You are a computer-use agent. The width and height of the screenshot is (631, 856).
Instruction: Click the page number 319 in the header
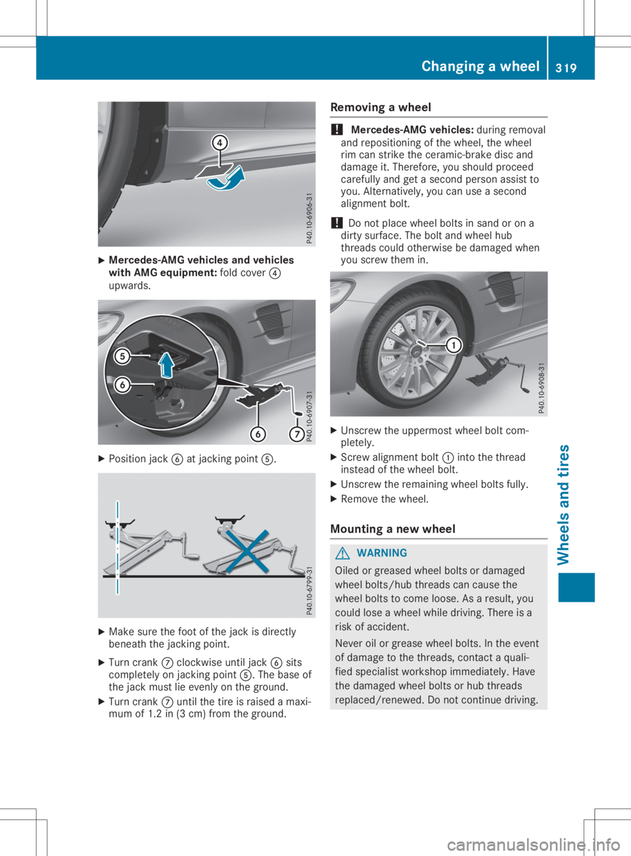pyautogui.click(x=565, y=67)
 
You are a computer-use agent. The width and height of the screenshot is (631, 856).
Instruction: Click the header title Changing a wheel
pyautogui.click(x=480, y=66)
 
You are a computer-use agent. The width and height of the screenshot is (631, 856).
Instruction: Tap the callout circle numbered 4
pyautogui.click(x=220, y=143)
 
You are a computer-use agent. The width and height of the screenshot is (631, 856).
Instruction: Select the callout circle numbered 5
pyautogui.click(x=122, y=356)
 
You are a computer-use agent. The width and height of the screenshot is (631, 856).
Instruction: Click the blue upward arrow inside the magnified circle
pyautogui.click(x=167, y=364)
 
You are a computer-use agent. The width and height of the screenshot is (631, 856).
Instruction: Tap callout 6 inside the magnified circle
pyautogui.click(x=122, y=385)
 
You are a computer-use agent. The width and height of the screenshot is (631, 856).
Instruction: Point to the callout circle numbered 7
pyautogui.click(x=297, y=435)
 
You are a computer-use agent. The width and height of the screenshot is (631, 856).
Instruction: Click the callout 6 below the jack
pyautogui.click(x=258, y=435)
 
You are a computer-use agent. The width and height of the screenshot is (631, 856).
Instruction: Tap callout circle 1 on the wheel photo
pyautogui.click(x=452, y=346)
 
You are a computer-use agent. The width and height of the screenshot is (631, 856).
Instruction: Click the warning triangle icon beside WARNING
pyautogui.click(x=342, y=554)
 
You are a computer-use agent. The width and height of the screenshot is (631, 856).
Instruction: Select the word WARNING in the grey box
pyautogui.click(x=382, y=554)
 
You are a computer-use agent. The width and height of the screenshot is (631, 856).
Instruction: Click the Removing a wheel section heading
pyautogui.click(x=381, y=107)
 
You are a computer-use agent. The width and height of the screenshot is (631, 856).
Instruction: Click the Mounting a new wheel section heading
pyautogui.click(x=392, y=529)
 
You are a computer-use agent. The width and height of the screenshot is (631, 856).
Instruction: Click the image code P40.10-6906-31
pyautogui.click(x=310, y=218)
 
